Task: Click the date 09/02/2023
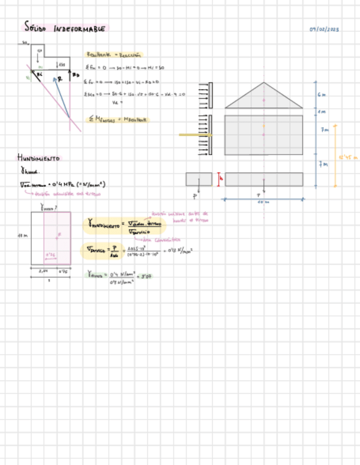[324, 29]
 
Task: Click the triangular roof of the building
[263, 98]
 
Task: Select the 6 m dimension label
[322, 94]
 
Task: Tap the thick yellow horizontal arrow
[195, 134]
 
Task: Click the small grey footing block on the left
[199, 179]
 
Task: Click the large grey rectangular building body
[263, 135]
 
